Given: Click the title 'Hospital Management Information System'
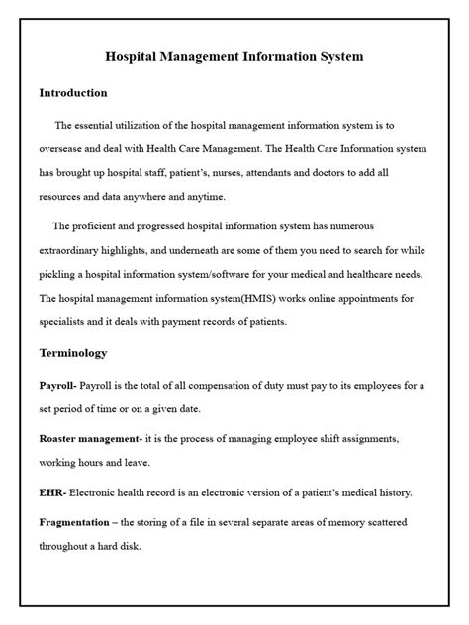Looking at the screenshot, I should pyautogui.click(x=234, y=57).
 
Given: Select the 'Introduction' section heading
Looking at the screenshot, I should pyautogui.click(x=72, y=92).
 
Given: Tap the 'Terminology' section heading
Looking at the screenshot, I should pyautogui.click(x=72, y=351).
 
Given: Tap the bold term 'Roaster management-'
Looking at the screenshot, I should pyautogui.click(x=91, y=437).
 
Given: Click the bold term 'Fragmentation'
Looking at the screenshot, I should pyautogui.click(x=79, y=522).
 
